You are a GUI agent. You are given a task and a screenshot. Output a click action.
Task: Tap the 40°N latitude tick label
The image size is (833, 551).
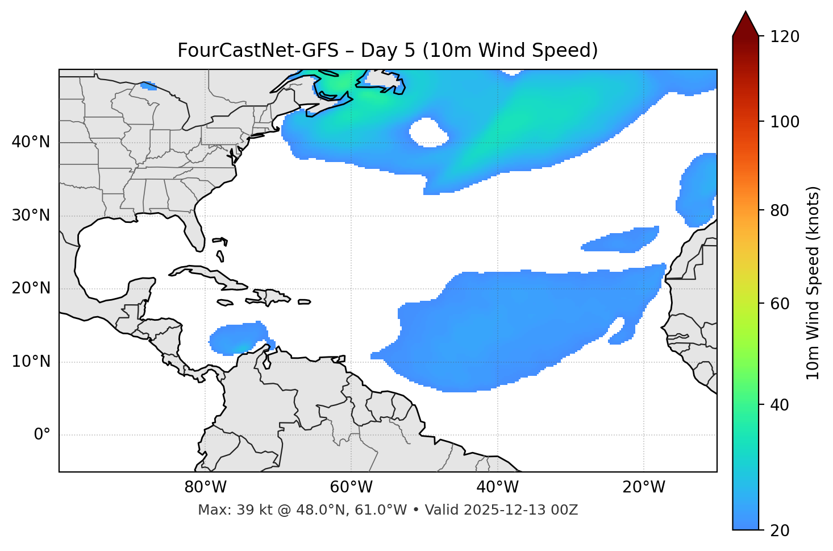[x=31, y=142]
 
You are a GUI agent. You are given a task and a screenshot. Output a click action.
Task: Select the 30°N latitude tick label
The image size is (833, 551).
[x=31, y=216]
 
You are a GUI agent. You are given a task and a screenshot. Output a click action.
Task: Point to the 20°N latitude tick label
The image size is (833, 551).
[x=31, y=288]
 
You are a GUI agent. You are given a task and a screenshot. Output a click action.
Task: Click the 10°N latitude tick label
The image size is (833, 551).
[x=31, y=362]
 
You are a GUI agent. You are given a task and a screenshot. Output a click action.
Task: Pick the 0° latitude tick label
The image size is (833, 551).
[x=42, y=435]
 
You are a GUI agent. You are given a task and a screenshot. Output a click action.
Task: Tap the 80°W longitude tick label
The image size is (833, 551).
[x=205, y=487]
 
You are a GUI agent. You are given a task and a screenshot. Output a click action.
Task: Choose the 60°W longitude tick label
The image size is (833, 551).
[x=351, y=487]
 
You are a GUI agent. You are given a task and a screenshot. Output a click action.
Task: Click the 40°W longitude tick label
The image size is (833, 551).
[x=497, y=487]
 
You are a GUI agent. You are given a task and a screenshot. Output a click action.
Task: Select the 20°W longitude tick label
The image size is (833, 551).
[x=643, y=487]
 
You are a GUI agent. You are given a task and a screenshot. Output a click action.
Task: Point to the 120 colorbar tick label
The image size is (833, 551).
[x=785, y=37]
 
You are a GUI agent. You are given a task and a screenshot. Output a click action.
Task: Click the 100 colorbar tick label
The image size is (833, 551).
[x=785, y=122]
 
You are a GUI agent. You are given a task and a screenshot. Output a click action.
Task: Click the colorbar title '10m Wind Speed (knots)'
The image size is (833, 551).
[x=813, y=283]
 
